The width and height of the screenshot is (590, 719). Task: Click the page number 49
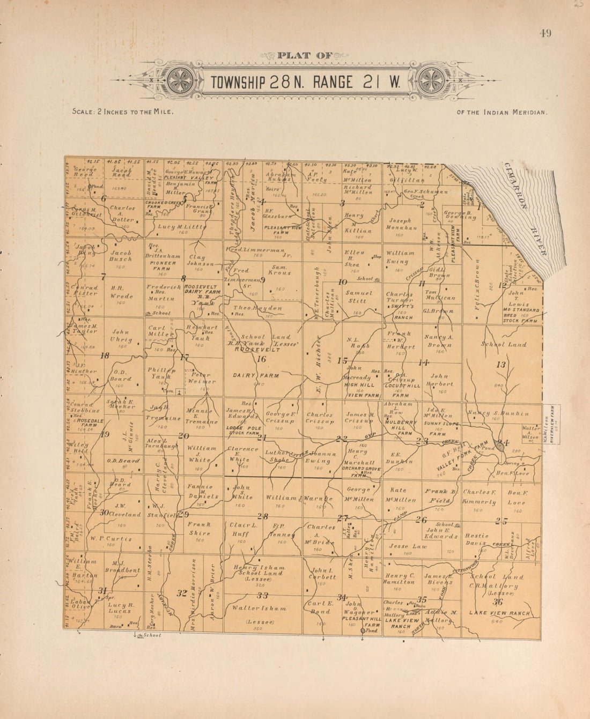click(545, 33)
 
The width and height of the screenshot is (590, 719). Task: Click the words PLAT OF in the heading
click(305, 55)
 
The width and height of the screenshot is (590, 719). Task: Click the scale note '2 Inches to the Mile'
click(123, 112)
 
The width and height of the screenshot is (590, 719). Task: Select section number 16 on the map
click(262, 359)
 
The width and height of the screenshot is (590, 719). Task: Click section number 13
click(501, 365)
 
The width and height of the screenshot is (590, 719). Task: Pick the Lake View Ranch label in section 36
click(499, 613)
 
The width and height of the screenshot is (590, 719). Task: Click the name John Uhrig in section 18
click(122, 336)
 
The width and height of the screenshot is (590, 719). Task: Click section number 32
click(182, 593)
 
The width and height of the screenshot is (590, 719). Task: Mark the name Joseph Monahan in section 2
click(400, 224)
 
